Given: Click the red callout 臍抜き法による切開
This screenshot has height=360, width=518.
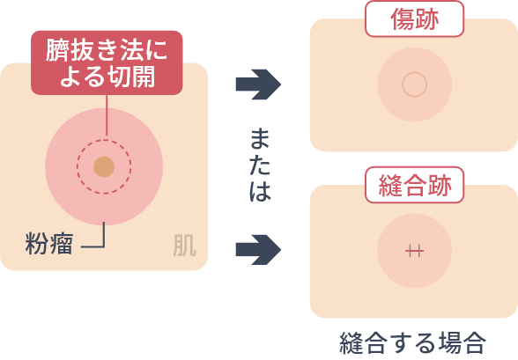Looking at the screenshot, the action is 107,62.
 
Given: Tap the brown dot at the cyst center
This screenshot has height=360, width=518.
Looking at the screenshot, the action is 104,166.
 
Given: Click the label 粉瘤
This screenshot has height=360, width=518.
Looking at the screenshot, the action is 49,244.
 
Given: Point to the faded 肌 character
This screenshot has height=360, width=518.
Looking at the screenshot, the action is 185,246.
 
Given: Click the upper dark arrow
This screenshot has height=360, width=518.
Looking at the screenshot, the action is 258,84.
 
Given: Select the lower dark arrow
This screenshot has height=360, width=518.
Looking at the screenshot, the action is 258,250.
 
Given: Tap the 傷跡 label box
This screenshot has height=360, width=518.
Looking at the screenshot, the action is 415,18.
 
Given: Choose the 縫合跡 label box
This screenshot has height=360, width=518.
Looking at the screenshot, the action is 415,185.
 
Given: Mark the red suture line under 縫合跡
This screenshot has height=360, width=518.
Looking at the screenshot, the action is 415,252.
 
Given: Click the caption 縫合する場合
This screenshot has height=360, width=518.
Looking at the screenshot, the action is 413,343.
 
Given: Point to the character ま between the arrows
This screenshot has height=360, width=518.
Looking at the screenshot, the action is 260,139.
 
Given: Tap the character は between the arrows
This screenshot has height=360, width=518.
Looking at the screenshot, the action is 261,190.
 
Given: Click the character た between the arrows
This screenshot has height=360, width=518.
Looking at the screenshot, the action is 260,164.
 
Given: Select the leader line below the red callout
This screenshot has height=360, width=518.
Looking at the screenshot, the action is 107,115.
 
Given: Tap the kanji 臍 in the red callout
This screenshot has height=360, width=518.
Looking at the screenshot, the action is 57,50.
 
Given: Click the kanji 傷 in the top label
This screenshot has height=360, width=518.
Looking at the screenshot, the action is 403,19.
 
